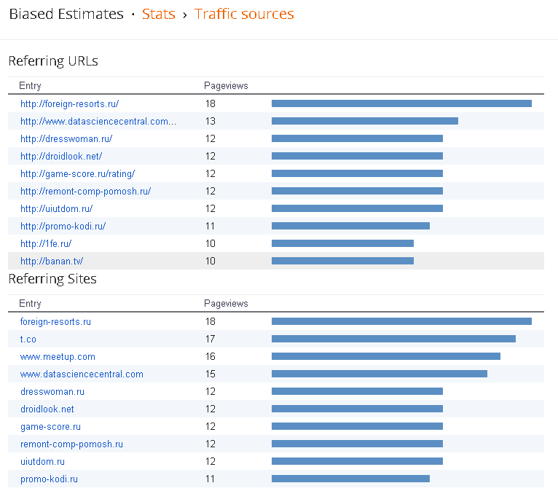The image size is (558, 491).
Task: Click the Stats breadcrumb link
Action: pyautogui.click(x=158, y=14)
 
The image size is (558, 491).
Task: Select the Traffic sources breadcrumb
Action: pyautogui.click(x=244, y=14)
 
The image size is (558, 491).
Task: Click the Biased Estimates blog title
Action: pyautogui.click(x=66, y=14)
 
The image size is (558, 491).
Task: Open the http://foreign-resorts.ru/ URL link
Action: pyautogui.click(x=69, y=103)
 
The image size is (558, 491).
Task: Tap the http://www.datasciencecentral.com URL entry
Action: pyautogui.click(x=98, y=121)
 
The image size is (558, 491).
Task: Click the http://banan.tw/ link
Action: pyautogui.click(x=52, y=261)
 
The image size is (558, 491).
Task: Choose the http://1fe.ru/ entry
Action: pyautogui.click(x=46, y=243)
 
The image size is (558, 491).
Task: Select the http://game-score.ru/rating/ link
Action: pyautogui.click(x=77, y=173)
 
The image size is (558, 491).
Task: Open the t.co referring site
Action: pyautogui.click(x=28, y=339)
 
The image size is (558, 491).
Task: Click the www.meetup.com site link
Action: pyautogui.click(x=58, y=356)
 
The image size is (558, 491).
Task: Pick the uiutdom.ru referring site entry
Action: pyautogui.click(x=42, y=461)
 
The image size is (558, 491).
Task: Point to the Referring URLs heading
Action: pyautogui.click(x=53, y=61)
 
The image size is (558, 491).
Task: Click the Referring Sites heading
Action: pyautogui.click(x=52, y=279)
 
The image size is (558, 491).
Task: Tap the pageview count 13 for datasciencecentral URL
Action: pyautogui.click(x=211, y=121)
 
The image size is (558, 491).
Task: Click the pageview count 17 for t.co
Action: pyautogui.click(x=211, y=339)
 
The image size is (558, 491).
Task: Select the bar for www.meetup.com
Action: pyautogui.click(x=385, y=356)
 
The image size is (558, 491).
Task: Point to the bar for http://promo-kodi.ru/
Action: pyautogui.click(x=350, y=226)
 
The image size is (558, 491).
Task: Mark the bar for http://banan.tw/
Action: pyautogui.click(x=342, y=261)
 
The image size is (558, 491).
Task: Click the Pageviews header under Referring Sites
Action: pyautogui.click(x=226, y=303)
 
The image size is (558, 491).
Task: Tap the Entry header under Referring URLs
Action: pyautogui.click(x=30, y=85)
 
